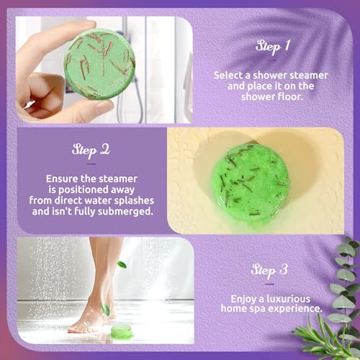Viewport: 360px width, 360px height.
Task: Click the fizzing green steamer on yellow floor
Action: (x=250, y=182)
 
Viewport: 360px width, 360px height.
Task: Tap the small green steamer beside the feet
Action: (x=122, y=331)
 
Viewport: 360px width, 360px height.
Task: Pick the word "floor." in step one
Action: (x=299, y=99)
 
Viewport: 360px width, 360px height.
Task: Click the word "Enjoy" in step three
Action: (x=243, y=297)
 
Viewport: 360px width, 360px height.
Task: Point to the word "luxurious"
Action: (x=299, y=297)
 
